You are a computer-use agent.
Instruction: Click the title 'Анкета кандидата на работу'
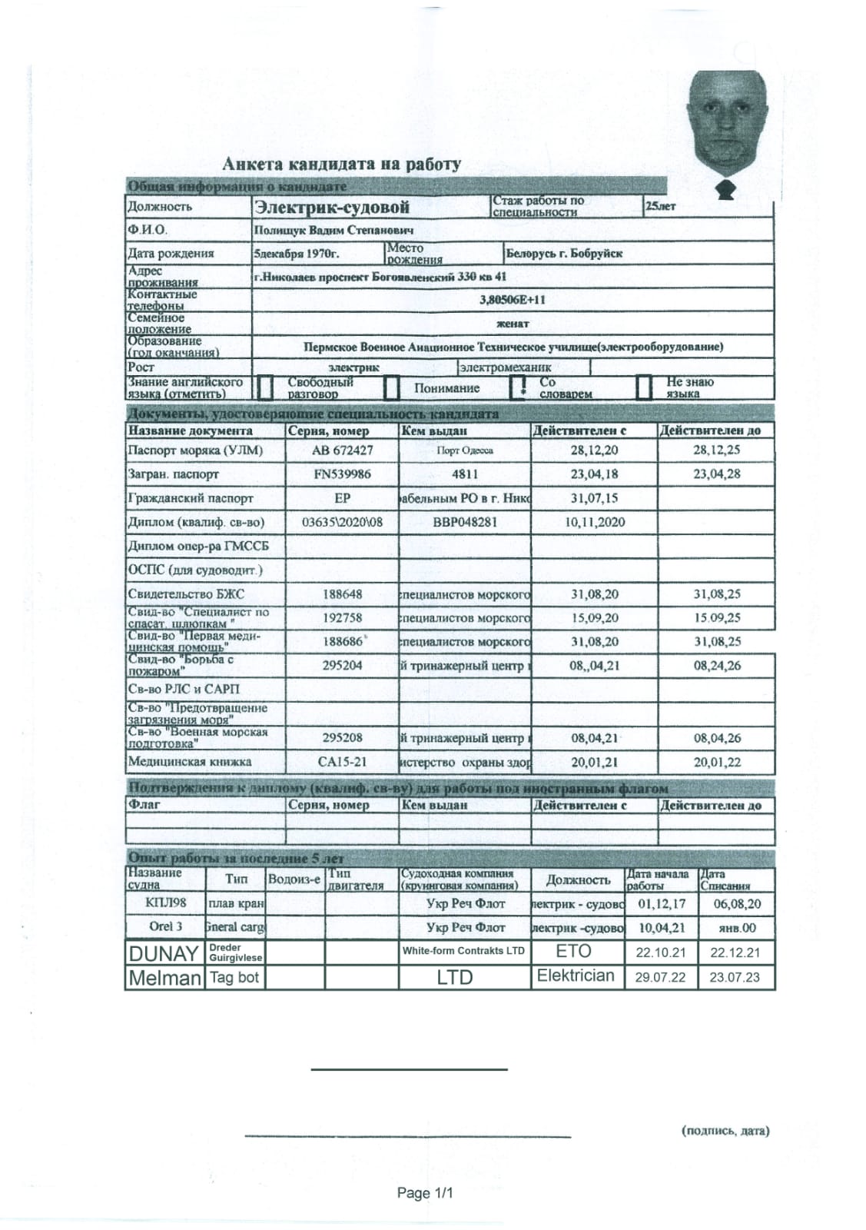tap(341, 164)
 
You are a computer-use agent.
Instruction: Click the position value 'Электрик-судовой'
tap(332, 207)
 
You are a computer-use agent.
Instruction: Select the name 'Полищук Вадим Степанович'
tap(333, 231)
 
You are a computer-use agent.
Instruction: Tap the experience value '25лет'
tap(660, 206)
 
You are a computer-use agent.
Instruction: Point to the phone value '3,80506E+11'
tap(512, 300)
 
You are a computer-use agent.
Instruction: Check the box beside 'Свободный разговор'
tap(264, 388)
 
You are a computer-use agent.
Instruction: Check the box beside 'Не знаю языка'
tap(644, 388)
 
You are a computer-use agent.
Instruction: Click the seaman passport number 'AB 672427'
tap(342, 450)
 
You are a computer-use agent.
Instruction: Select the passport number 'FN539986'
tap(342, 474)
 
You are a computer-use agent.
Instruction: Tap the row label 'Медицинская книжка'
tap(189, 762)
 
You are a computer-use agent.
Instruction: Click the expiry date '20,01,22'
tap(716, 762)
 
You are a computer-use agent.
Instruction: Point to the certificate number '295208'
tap(342, 738)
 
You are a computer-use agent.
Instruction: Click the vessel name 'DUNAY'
tap(164, 953)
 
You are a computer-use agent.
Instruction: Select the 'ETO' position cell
tap(573, 952)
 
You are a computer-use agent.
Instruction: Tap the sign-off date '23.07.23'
tap(735, 978)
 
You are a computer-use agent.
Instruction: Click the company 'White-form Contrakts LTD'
tap(463, 951)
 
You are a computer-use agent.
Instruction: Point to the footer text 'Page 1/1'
tap(425, 1193)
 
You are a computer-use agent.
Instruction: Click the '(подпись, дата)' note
tap(725, 1131)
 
